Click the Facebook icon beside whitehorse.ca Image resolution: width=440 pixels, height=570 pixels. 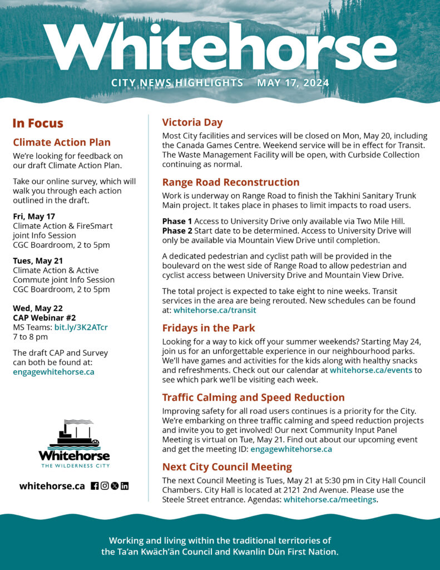[x=95, y=485]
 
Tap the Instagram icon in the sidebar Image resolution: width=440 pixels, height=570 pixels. [x=105, y=485]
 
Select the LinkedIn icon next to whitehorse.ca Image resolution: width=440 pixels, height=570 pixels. [x=125, y=485]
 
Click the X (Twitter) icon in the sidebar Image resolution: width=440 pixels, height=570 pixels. [x=115, y=485]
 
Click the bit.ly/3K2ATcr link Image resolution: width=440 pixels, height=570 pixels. [x=81, y=327]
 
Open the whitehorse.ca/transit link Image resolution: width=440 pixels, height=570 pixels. [x=214, y=310]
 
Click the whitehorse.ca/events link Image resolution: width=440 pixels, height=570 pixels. [x=370, y=370]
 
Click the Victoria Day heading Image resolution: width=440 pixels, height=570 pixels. [x=192, y=122]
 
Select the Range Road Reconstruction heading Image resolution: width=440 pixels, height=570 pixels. [x=230, y=182]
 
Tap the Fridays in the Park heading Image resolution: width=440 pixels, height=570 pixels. [x=209, y=328]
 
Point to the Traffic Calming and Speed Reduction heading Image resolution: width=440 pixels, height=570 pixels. [x=253, y=397]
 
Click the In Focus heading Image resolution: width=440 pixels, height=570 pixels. [x=38, y=123]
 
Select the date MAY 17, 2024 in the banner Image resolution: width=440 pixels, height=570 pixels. [x=293, y=83]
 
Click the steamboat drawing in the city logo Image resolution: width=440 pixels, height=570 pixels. [x=74, y=434]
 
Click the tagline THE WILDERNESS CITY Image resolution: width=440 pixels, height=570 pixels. [x=74, y=465]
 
